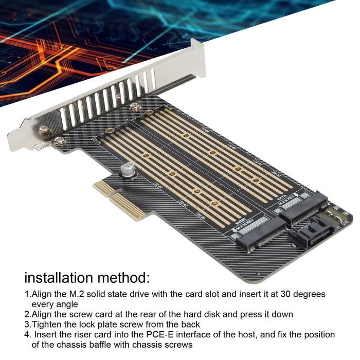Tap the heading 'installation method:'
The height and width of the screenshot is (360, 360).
point(87,278)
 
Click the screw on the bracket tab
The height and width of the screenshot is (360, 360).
point(45,131)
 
